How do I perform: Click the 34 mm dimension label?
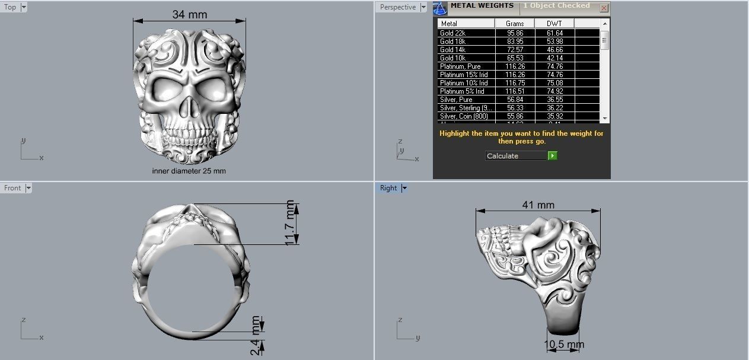190,14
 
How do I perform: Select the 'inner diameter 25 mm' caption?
189,171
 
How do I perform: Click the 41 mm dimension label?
538,205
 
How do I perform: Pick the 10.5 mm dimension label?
564,345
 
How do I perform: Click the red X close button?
604,8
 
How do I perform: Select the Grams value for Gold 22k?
515,33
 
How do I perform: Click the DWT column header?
554,24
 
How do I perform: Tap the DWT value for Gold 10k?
554,58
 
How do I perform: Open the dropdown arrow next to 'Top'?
24,8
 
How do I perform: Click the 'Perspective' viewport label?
397,7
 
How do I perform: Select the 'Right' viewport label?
388,188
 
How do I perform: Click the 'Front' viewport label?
12,188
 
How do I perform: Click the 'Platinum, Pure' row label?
460,66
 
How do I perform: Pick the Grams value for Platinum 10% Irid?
515,83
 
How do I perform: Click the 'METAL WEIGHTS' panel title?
482,6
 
